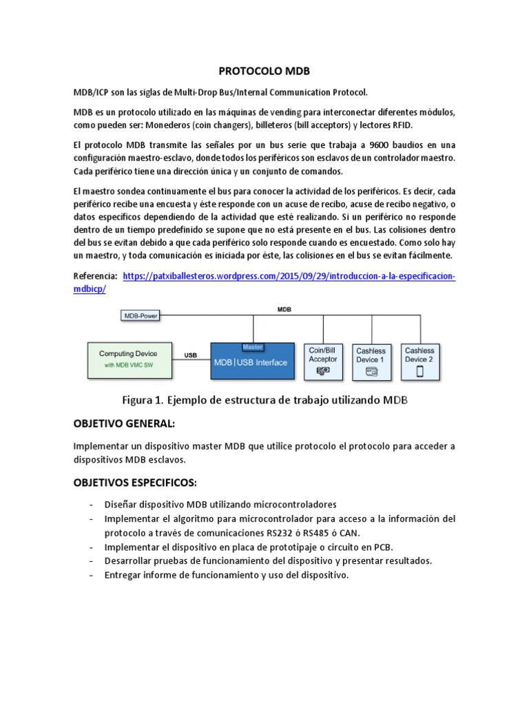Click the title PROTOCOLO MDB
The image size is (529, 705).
[264, 71]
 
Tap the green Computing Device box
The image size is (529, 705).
[128, 359]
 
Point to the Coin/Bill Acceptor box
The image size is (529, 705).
[323, 359]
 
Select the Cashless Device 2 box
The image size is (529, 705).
[419, 359]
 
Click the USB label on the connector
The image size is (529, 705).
[190, 355]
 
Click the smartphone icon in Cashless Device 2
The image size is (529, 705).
[419, 370]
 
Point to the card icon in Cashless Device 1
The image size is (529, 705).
[371, 372]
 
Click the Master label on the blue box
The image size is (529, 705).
[253, 346]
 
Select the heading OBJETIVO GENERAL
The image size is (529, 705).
[125, 423]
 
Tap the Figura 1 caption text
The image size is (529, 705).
[264, 401]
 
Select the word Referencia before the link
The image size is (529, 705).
[95, 276]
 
